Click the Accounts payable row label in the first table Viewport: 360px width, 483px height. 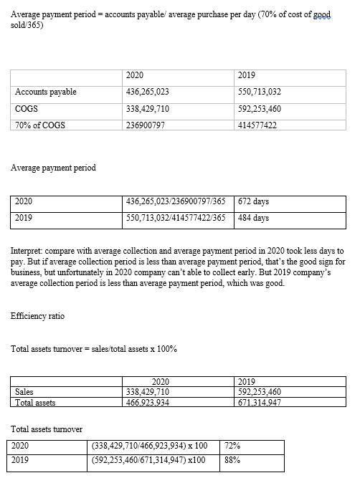tap(46, 92)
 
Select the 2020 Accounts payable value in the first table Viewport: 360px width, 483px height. tap(148, 92)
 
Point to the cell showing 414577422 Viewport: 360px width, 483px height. tap(257, 125)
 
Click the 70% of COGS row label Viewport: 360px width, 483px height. tap(40, 125)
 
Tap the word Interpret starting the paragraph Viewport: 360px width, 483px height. tap(27, 253)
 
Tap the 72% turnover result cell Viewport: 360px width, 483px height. tap(232, 445)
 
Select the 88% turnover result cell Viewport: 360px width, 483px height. tap(232, 461)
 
